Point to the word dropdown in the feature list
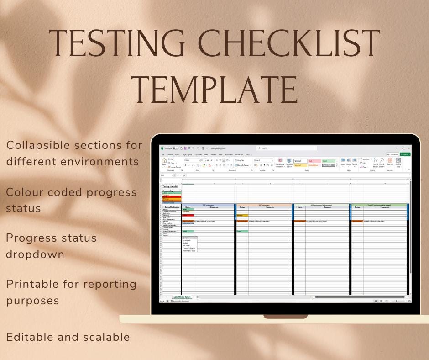point(35,254)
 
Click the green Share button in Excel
point(404,154)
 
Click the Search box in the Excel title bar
point(287,148)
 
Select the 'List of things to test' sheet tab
point(182,297)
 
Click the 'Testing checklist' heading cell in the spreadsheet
point(170,186)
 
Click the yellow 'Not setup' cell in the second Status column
point(242,215)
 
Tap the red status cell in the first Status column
point(188,215)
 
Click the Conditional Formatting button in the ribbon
point(280,163)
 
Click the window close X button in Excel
point(408,148)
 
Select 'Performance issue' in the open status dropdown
point(189,251)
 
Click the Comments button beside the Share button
point(392,154)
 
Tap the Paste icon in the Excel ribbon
point(164,162)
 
